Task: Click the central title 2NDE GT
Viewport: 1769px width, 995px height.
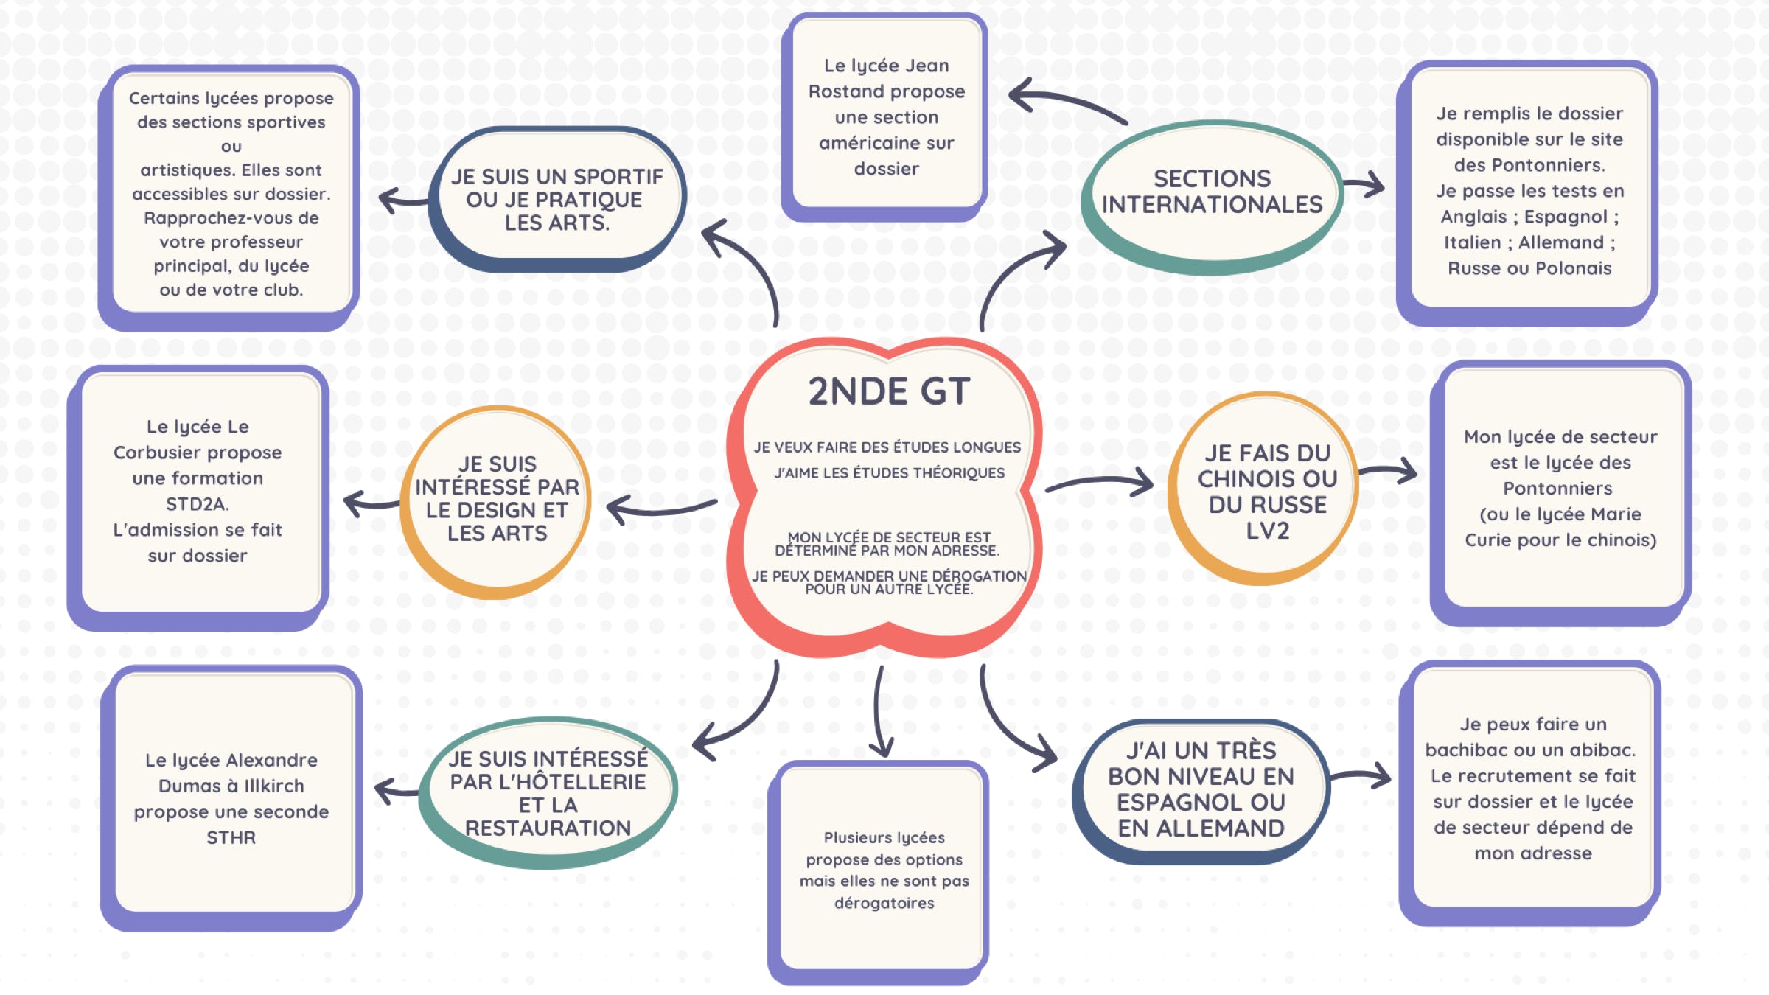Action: [x=888, y=391]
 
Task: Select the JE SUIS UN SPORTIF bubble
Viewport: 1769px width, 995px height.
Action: [x=557, y=199]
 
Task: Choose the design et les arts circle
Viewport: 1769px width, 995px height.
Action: [x=497, y=499]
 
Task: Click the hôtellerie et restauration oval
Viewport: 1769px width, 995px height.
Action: [x=548, y=793]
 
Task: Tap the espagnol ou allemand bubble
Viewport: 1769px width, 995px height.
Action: [x=1201, y=789]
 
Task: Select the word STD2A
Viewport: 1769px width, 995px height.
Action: [x=198, y=504]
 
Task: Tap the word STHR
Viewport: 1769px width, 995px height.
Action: [x=231, y=838]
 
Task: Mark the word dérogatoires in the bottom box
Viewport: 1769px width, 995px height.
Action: [x=884, y=903]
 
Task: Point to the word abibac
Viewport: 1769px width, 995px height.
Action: [x=1602, y=750]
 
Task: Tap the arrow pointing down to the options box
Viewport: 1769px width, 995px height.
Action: [x=880, y=715]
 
